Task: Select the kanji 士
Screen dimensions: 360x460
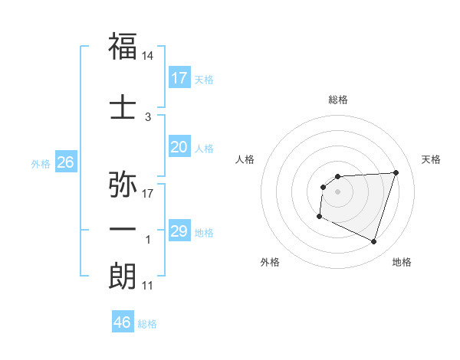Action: (x=123, y=106)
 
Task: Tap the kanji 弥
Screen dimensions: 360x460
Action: (x=123, y=185)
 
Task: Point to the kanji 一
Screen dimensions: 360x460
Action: (x=123, y=229)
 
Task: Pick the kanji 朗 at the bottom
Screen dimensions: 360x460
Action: (x=123, y=276)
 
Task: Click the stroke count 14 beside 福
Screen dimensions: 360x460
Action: (x=149, y=56)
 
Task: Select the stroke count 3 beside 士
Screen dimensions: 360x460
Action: (x=148, y=117)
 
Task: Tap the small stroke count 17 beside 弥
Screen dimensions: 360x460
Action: (x=148, y=194)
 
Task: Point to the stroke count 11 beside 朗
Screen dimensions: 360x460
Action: (x=148, y=286)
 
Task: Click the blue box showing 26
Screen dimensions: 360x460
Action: (x=65, y=162)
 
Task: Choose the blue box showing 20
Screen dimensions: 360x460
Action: (x=179, y=147)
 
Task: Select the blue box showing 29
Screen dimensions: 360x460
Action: (x=179, y=231)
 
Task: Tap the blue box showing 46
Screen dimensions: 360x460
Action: (x=123, y=322)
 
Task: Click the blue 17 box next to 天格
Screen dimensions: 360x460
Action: (x=179, y=78)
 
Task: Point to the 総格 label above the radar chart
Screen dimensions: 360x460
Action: (x=338, y=100)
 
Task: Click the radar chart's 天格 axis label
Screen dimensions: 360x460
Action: (x=432, y=159)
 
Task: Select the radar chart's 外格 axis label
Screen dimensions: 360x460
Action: (x=270, y=262)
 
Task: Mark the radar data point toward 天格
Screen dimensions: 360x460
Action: (x=396, y=172)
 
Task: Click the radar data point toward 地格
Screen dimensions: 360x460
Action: (x=374, y=242)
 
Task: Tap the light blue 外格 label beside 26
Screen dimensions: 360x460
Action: (x=41, y=163)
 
